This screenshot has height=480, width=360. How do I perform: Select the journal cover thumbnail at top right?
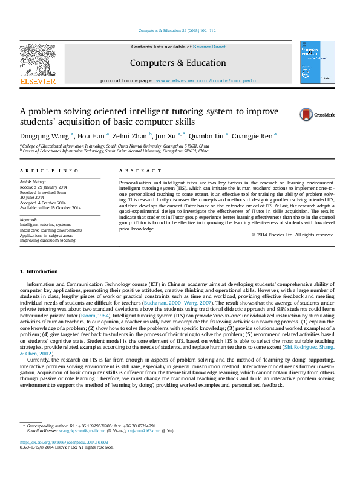coord(317,62)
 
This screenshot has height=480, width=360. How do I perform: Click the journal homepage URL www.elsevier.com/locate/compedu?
coord(206,80)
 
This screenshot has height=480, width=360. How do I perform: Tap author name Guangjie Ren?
coord(255,136)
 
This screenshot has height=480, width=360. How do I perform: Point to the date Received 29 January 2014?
coord(44,187)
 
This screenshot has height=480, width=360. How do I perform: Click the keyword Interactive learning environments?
coord(51,230)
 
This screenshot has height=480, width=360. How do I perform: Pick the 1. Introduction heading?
coord(39,271)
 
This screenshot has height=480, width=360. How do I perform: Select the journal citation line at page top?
coord(177,30)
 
